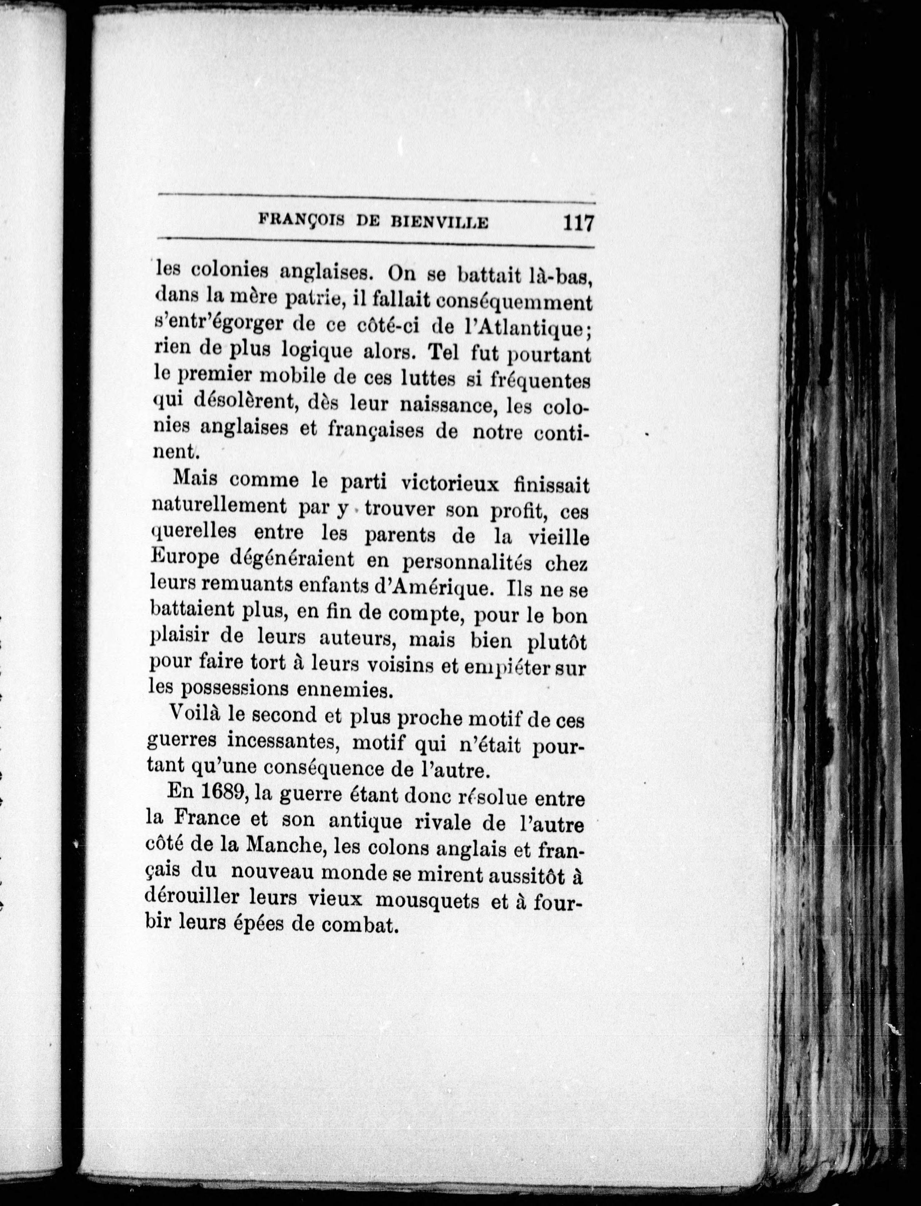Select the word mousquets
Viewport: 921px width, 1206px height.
(428, 902)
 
